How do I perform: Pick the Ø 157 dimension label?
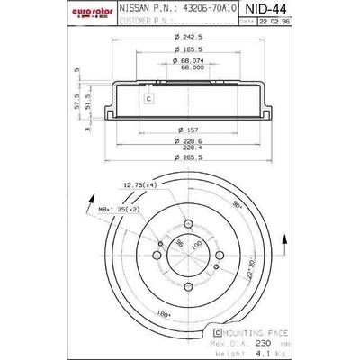click(188, 128)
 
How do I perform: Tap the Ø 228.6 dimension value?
click(187, 139)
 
